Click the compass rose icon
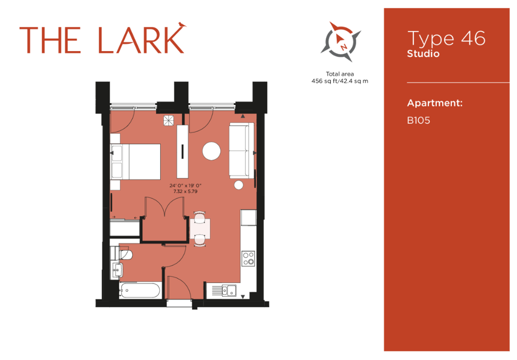point(341,41)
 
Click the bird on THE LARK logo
point(181,24)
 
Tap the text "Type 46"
point(446,38)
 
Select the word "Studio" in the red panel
point(423,53)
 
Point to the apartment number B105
point(418,121)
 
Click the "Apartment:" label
point(435,103)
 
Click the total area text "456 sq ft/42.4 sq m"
point(340,81)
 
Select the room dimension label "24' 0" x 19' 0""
point(185,186)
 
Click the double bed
point(135,162)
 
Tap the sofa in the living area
point(241,151)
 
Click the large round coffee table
point(211,151)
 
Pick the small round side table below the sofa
point(239,185)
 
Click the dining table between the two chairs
point(200,229)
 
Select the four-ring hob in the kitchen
point(248,259)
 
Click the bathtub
point(140,291)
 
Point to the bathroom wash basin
point(117,270)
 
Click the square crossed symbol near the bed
point(169,121)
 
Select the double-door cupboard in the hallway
point(164,219)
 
